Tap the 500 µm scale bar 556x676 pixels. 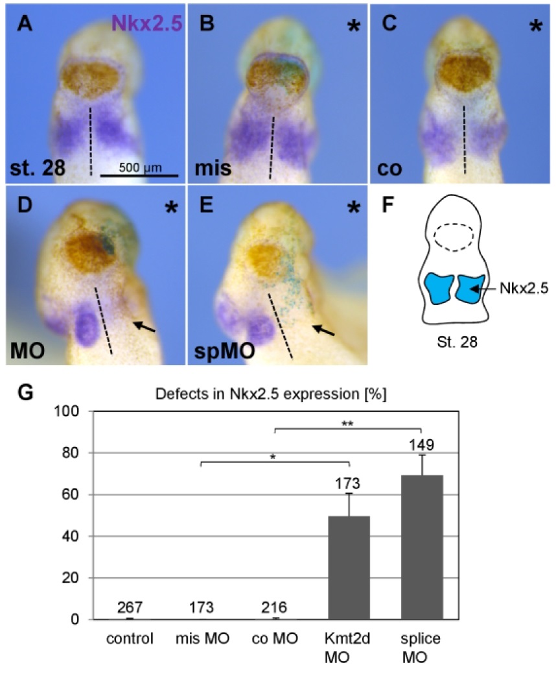pyautogui.click(x=139, y=175)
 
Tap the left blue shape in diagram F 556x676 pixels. pyautogui.click(x=439, y=289)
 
